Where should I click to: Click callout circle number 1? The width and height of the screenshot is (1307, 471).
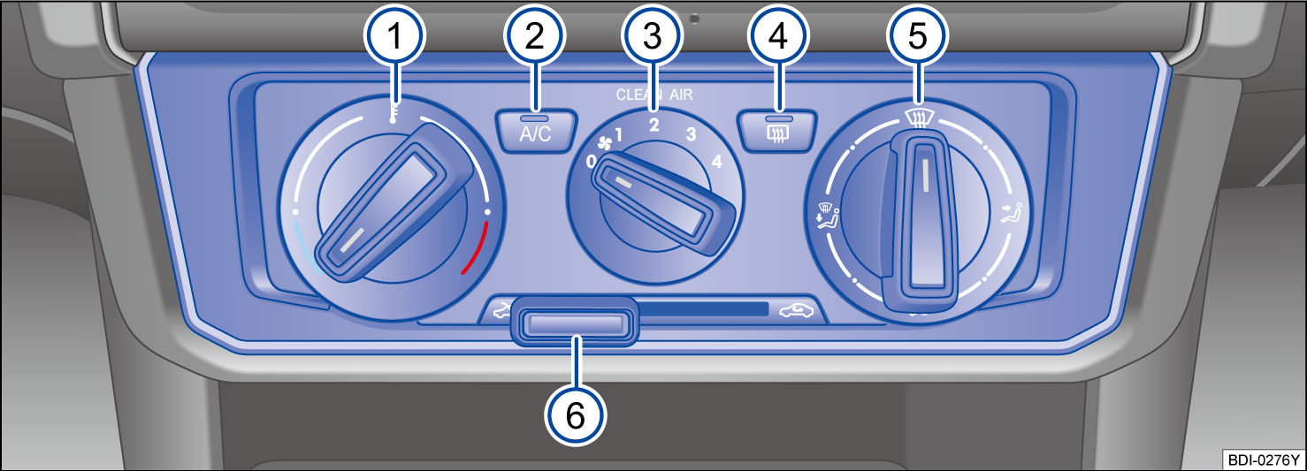pos(394,38)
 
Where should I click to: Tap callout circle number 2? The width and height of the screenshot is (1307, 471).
pos(535,38)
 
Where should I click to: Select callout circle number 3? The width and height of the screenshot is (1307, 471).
pos(652,38)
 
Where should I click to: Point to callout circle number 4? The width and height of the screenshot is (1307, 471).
pos(779,38)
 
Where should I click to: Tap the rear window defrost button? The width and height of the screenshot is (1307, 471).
pos(779,132)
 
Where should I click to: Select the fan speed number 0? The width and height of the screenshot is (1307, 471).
pos(590,162)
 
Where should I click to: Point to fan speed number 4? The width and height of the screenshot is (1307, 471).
pos(716,162)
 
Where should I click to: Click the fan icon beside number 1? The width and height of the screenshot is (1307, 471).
pos(604,143)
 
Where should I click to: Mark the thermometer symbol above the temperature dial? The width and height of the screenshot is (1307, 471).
pos(395,113)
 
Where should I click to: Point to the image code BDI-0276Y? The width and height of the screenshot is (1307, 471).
pos(1263,460)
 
